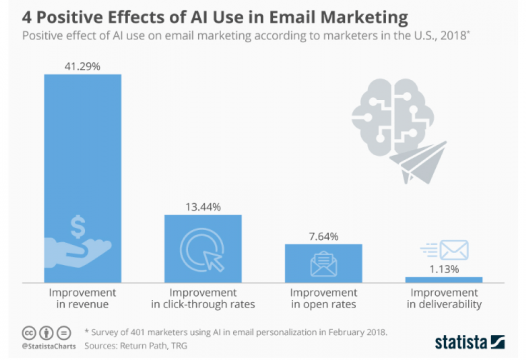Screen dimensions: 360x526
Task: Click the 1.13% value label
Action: [442, 269]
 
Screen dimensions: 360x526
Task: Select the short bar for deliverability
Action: [442, 279]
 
